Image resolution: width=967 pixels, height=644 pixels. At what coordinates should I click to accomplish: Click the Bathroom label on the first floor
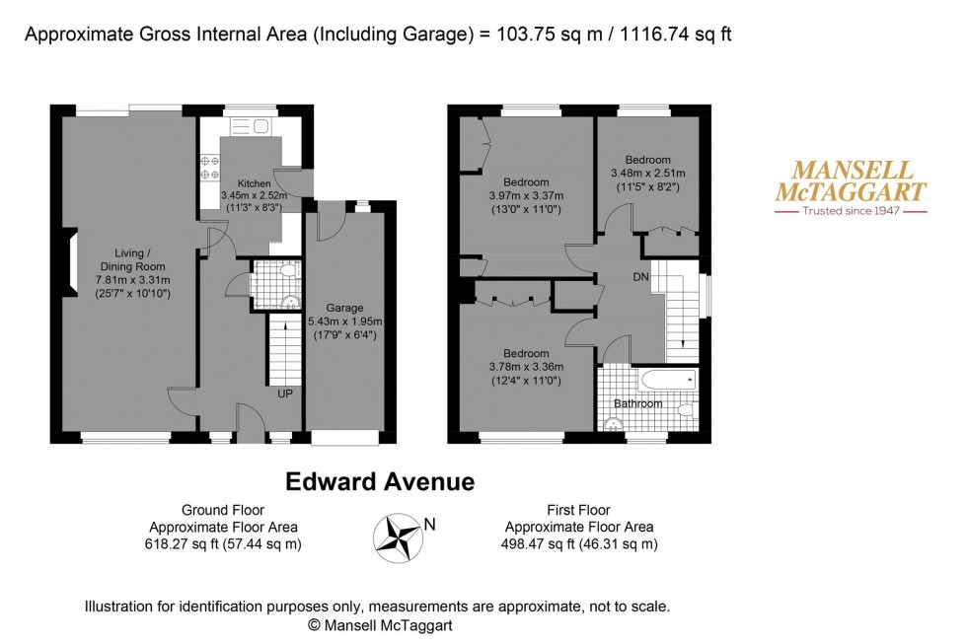point(637,403)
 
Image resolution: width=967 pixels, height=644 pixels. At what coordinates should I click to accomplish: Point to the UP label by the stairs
point(285,394)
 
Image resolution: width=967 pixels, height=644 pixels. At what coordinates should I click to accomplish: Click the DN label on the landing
point(640,278)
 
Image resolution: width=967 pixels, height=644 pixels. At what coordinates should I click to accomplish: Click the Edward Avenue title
point(380,482)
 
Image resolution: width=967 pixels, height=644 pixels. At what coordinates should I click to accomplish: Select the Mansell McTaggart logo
point(850,187)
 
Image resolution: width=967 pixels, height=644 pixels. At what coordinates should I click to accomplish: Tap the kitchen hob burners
point(210,168)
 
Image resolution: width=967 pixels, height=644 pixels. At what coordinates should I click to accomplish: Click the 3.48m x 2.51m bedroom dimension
point(647,174)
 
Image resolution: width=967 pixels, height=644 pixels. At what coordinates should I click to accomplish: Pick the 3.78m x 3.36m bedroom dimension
point(525,368)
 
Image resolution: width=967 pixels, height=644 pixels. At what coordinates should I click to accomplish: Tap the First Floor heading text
point(579,510)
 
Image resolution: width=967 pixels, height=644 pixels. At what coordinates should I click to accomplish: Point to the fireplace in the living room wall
point(69,262)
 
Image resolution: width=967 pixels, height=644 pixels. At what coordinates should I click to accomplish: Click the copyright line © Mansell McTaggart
point(380,625)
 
